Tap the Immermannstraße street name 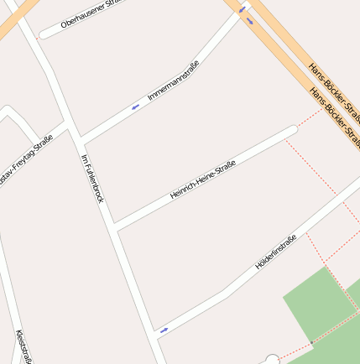174,81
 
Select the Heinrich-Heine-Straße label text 202,179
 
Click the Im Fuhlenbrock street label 91,178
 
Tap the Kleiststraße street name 23,346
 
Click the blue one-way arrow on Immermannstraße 135,107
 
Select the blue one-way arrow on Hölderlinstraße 164,330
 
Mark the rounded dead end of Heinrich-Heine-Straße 292,130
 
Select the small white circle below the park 272,360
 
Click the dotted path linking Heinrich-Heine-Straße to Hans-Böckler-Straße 310,118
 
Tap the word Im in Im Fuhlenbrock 84,159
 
